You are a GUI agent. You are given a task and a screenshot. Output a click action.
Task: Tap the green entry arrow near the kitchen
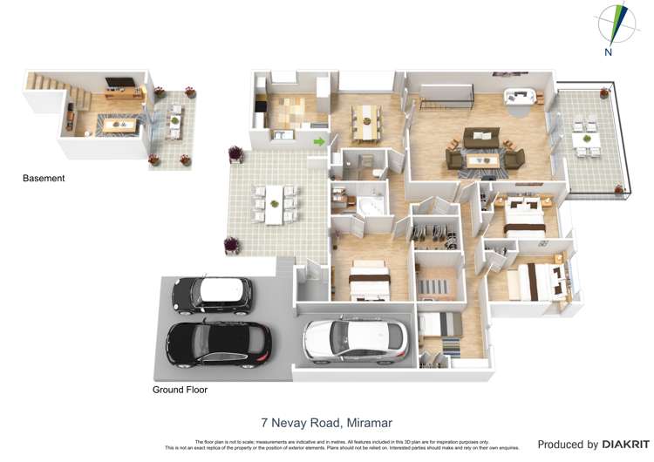point(320,140)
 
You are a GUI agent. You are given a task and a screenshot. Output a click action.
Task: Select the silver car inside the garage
point(355,339)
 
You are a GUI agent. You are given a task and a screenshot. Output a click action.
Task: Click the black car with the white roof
point(212,294)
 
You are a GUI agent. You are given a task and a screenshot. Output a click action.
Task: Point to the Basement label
point(44,179)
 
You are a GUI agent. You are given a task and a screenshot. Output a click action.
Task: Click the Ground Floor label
point(180,390)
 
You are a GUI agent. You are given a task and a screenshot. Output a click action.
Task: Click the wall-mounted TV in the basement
point(119,85)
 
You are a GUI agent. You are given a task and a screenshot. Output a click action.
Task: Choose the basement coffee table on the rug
point(112,125)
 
